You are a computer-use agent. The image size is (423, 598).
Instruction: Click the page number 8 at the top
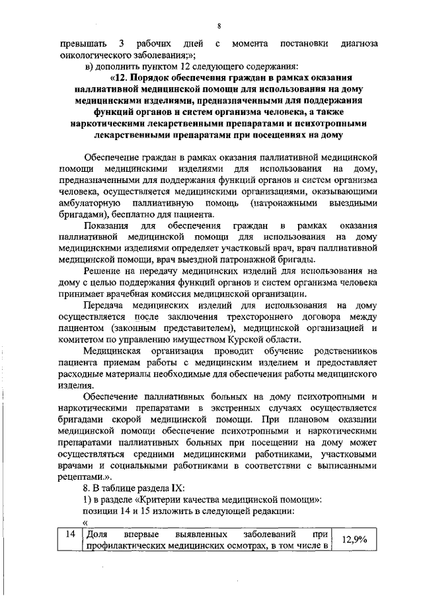coord(217,26)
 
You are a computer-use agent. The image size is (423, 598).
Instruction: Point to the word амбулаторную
coord(89,204)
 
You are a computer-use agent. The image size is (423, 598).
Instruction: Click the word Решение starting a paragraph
coord(106,271)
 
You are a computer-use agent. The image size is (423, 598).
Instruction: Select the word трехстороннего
coord(267,317)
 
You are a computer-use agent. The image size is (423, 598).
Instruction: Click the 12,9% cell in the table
coord(353,540)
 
